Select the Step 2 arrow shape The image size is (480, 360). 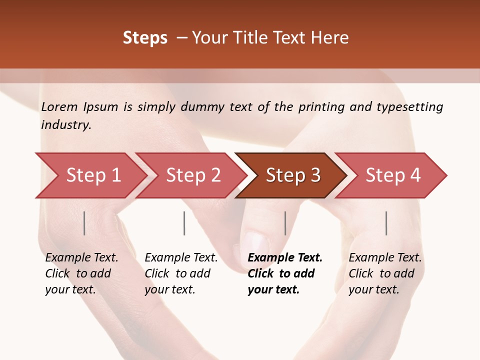click(193, 175)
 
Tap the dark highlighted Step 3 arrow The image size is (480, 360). click(292, 175)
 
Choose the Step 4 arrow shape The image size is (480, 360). click(392, 175)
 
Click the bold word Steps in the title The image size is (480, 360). click(145, 38)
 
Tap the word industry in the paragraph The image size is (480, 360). click(65, 125)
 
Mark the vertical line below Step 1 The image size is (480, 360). click(84, 223)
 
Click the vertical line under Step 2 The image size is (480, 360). click(184, 223)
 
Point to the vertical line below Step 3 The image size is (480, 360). click(285, 223)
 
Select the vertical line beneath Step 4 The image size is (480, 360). click(386, 223)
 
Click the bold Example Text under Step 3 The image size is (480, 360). click(285, 258)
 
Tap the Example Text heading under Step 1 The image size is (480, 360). click(81, 258)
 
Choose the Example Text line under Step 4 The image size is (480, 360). click(385, 258)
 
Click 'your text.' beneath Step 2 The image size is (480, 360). click(169, 289)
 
